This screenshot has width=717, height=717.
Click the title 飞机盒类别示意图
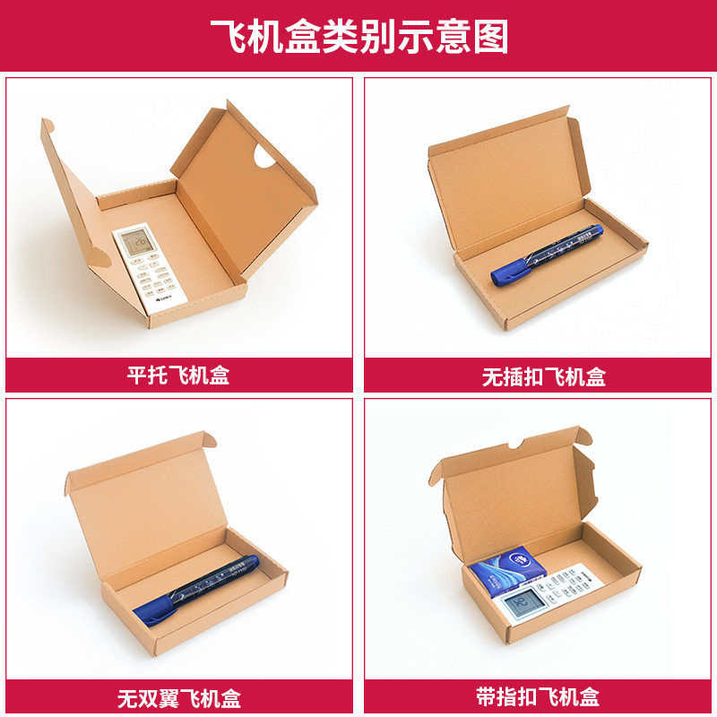[358, 36]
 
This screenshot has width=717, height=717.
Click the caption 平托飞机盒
[178, 375]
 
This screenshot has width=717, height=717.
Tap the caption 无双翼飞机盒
[178, 695]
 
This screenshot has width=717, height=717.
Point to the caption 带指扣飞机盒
[538, 695]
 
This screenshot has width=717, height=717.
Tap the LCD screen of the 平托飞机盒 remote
[137, 243]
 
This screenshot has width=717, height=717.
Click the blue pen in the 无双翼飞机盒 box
[197, 588]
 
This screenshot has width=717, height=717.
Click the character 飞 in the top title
[226, 36]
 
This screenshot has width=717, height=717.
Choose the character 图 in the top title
[491, 36]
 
